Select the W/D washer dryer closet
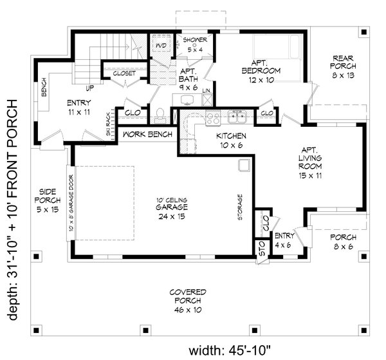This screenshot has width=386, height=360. point(160,47)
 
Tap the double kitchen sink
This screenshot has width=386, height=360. point(237,117)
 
